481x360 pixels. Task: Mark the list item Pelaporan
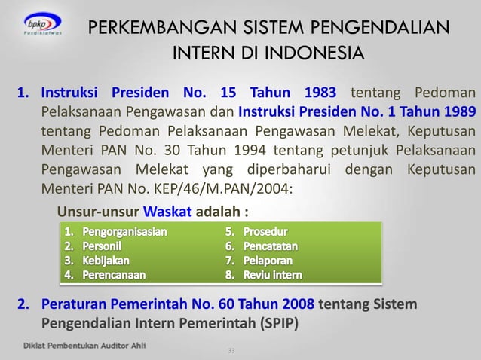269,260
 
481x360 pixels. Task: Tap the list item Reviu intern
272,275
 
